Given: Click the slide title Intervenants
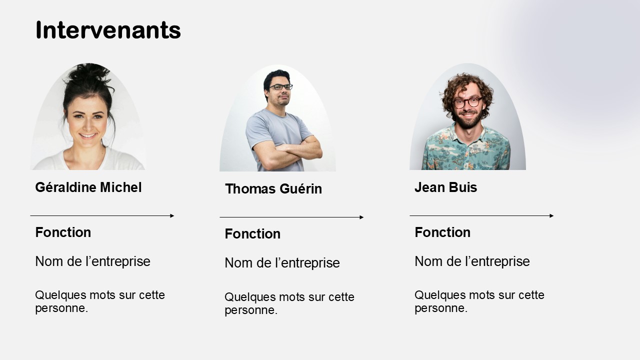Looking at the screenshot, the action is tap(108, 30).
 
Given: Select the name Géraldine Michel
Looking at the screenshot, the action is tap(88, 187).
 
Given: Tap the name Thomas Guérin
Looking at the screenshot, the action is tap(273, 189).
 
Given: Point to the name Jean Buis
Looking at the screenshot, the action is tap(445, 187).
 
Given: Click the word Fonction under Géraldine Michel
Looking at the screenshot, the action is tap(63, 232).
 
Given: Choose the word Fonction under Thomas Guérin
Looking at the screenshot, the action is tap(252, 233).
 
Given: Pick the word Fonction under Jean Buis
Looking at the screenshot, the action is tap(442, 232).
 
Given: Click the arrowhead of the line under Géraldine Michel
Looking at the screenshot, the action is tap(172, 215).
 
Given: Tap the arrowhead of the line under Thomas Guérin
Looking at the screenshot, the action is tap(361, 217).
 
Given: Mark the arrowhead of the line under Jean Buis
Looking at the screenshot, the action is tap(551, 215).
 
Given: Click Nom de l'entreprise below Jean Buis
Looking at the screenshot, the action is tap(472, 261).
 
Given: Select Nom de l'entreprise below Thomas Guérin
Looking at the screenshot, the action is tap(282, 263).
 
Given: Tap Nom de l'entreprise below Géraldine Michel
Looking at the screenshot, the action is tap(93, 261).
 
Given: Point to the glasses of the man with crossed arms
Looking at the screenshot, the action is tap(280, 87).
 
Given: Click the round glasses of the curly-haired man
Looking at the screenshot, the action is tap(467, 102).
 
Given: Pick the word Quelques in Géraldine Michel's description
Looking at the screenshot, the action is tap(61, 295).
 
